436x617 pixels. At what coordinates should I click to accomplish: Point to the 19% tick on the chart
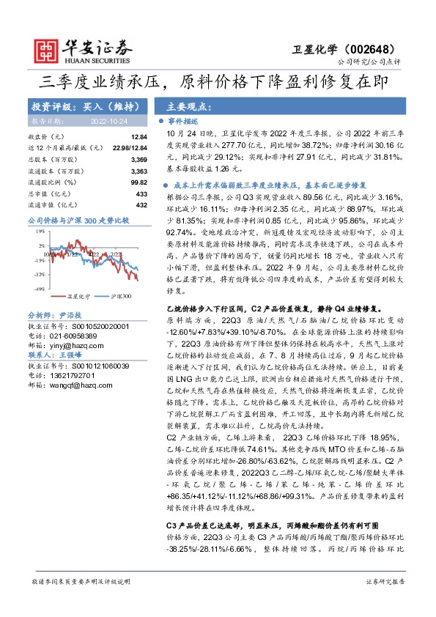coord(40,231)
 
